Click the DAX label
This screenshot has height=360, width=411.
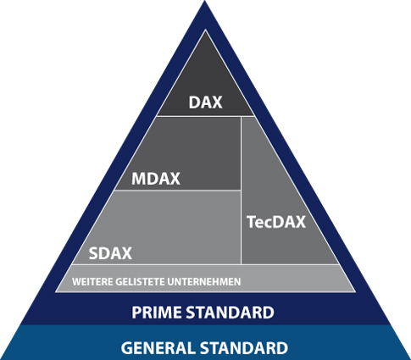pyautogui.click(x=205, y=102)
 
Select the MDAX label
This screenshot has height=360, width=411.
pyautogui.click(x=156, y=179)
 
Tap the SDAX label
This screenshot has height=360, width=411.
pyautogui.click(x=110, y=253)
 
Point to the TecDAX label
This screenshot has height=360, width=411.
pyautogui.click(x=276, y=222)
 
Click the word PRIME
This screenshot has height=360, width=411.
pyautogui.click(x=157, y=313)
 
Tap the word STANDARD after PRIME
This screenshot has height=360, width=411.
pyautogui.click(x=230, y=313)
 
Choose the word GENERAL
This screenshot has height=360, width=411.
pyautogui.click(x=158, y=348)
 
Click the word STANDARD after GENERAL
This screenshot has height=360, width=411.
pyautogui.click(x=244, y=348)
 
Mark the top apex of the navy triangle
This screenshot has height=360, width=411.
pyautogui.click(x=205, y=1)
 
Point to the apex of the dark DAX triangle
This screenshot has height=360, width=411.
pyautogui.click(x=205, y=30)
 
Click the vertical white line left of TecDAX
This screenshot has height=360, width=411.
pyautogui.click(x=241, y=191)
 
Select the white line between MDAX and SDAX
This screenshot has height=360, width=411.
pyautogui.click(x=177, y=191)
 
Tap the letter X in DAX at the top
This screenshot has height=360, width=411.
pyautogui.click(x=217, y=102)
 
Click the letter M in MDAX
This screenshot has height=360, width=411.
pyautogui.click(x=139, y=179)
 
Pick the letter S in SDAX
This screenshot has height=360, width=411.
pyautogui.click(x=93, y=253)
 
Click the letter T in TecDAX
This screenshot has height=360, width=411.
pyautogui.click(x=251, y=222)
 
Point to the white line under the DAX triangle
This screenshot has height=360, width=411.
pyautogui.click(x=205, y=116)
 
